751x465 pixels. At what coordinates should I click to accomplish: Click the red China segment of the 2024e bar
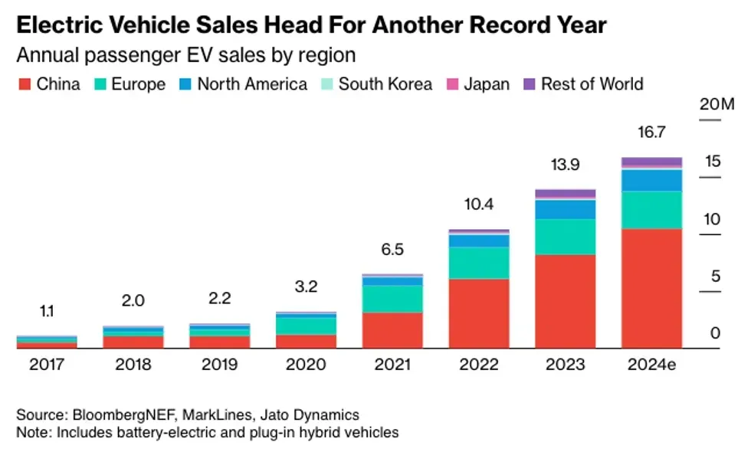tap(651, 288)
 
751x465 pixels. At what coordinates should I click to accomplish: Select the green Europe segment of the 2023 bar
tap(565, 237)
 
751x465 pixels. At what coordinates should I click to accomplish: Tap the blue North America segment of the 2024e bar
tap(651, 180)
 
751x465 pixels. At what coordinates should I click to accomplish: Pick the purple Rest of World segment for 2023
tap(565, 193)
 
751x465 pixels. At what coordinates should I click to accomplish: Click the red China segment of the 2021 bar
tap(392, 329)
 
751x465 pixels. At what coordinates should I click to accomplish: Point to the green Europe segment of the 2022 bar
tap(479, 262)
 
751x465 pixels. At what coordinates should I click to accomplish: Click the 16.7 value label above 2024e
tap(651, 132)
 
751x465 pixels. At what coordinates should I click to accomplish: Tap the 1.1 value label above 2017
tap(47, 311)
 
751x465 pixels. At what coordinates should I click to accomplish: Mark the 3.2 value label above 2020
tap(307, 287)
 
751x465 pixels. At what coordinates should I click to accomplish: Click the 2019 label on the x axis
tap(220, 365)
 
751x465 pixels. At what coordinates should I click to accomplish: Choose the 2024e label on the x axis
tap(651, 365)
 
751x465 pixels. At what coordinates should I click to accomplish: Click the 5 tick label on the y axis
tap(715, 277)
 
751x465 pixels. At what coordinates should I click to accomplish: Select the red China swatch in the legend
tap(23, 84)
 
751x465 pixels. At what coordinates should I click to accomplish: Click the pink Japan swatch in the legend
tap(451, 84)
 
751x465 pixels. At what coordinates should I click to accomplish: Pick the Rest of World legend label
tap(592, 84)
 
